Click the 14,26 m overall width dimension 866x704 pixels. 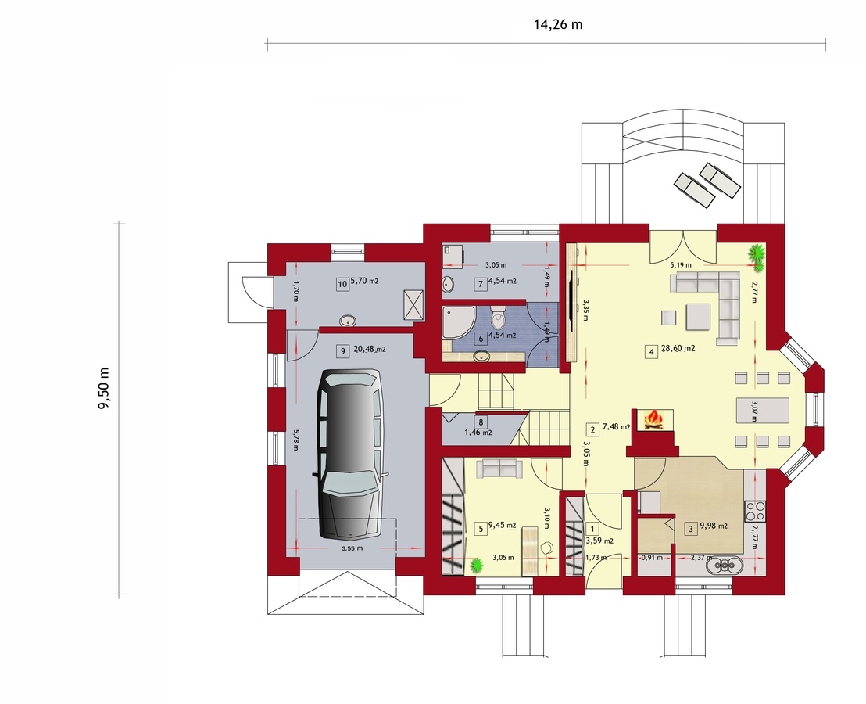(x=558, y=24)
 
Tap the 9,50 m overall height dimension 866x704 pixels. (x=104, y=389)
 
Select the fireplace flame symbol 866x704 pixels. (x=654, y=420)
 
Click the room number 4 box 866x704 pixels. (x=652, y=351)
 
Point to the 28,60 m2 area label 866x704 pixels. (x=678, y=349)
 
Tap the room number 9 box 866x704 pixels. (x=343, y=351)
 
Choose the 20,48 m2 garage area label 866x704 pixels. (x=370, y=349)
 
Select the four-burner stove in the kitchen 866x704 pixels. (x=754, y=511)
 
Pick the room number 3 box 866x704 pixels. (x=690, y=528)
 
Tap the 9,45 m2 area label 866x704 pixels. (x=502, y=525)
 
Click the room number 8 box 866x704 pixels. (x=481, y=422)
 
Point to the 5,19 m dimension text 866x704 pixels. (x=681, y=264)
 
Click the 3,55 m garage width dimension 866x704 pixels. (x=352, y=548)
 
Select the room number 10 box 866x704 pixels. (x=342, y=284)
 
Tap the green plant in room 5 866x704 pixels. (x=476, y=565)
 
